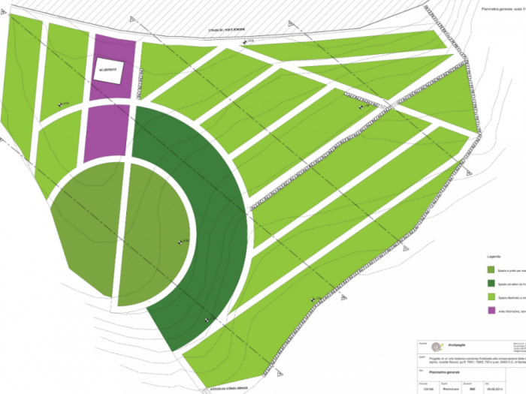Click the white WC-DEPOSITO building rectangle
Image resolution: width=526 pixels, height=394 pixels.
[x=110, y=71]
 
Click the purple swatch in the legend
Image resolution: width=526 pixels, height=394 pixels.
[x=491, y=311]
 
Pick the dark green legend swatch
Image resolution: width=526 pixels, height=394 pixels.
[x=491, y=283]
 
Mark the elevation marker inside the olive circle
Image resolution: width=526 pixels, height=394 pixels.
[x=179, y=242]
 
